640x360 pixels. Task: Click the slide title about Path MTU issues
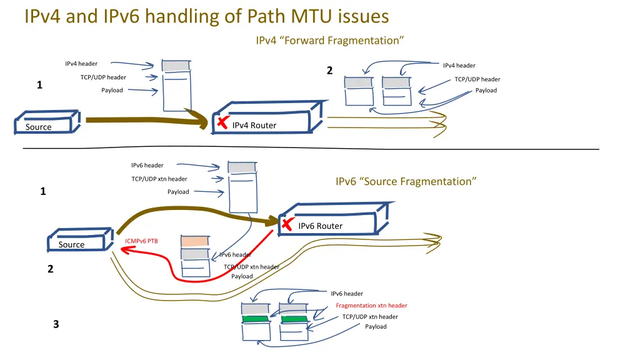pyautogui.click(x=206, y=16)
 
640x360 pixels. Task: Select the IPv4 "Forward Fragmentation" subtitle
pyautogui.click(x=329, y=41)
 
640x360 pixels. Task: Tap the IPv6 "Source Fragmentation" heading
pyautogui.click(x=406, y=181)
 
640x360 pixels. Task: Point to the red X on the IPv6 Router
pyautogui.click(x=287, y=224)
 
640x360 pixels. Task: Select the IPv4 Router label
pyautogui.click(x=254, y=126)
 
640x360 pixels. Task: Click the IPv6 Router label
pyautogui.click(x=320, y=226)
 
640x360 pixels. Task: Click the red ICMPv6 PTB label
pyautogui.click(x=141, y=241)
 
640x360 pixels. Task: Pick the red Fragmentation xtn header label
pyautogui.click(x=371, y=306)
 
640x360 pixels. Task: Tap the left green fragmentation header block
pyautogui.click(x=256, y=319)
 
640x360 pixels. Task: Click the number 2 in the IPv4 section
pyautogui.click(x=329, y=71)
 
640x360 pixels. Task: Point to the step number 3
pyautogui.click(x=56, y=324)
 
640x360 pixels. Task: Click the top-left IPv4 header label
pyautogui.click(x=81, y=64)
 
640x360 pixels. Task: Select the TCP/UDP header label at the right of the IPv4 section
pyautogui.click(x=477, y=79)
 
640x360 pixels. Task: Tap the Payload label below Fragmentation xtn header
pyautogui.click(x=376, y=326)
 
